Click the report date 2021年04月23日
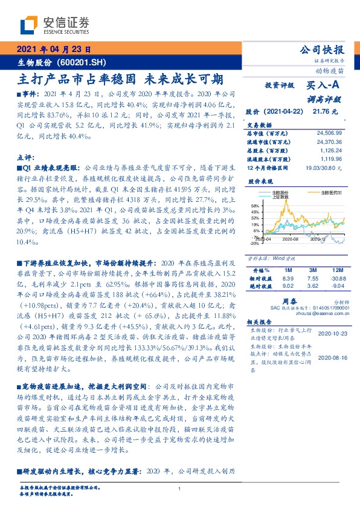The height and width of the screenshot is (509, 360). click(53, 49)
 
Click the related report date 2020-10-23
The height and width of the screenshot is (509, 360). click(333, 334)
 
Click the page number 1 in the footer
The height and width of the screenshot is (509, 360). click(180, 488)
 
